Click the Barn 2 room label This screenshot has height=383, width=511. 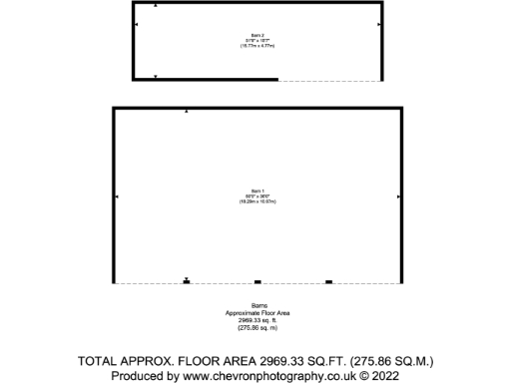(256, 35)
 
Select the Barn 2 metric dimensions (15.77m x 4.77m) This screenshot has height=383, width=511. (256, 46)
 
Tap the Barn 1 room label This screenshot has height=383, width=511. (256, 191)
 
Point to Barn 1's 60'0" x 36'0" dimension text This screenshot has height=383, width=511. (256, 195)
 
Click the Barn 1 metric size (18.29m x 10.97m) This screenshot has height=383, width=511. (256, 201)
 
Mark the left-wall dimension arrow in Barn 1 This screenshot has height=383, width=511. (118, 196)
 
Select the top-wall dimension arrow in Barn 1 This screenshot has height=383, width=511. (187, 112)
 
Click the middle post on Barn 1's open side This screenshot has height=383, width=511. (257, 282)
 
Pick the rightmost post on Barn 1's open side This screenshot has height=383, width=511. (328, 282)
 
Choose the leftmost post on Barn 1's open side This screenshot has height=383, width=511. (187, 282)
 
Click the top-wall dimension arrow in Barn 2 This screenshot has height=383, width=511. (156, 6)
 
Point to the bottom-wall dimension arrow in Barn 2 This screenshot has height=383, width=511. (156, 76)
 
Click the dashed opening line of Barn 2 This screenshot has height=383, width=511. (328, 80)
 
